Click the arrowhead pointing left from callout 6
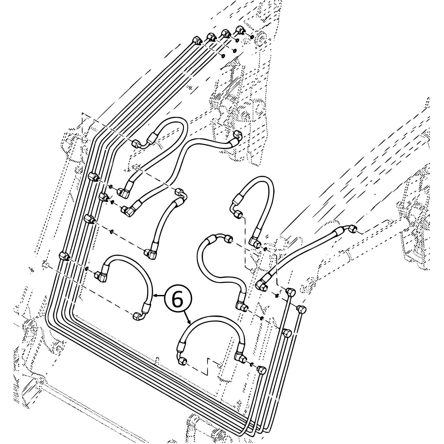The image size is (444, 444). (x=154, y=296)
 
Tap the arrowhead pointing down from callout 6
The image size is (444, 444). (x=190, y=322)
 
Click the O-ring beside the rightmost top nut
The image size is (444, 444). (x=252, y=36)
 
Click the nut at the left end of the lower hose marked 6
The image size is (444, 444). (x=182, y=361)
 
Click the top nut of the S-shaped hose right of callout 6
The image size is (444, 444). (x=228, y=238)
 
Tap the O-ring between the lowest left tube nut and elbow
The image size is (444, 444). (x=86, y=268)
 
